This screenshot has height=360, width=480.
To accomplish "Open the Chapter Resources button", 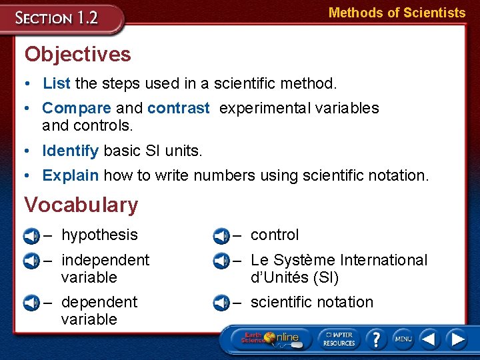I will (339, 338).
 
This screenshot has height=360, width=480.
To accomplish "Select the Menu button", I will (403, 339).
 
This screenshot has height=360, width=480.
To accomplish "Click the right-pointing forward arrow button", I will (457, 339).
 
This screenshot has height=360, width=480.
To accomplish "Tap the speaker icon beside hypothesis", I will (31, 236).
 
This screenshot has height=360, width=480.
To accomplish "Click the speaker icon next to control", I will (221, 236).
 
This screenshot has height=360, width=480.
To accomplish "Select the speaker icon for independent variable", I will (31, 261).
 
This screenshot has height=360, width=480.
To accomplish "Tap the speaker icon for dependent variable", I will (31, 303).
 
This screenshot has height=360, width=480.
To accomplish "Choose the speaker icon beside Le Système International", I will (221, 261).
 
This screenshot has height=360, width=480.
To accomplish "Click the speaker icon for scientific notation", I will (221, 303).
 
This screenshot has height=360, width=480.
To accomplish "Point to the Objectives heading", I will (77, 54).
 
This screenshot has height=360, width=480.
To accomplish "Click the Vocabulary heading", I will (81, 205).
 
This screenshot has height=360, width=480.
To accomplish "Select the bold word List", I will (57, 84).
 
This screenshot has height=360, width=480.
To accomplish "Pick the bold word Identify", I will (70, 151).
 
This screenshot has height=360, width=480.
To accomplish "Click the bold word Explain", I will (70, 176).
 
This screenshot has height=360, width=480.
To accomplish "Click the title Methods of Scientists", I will (397, 13).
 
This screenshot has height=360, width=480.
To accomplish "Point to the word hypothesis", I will (99, 235).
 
